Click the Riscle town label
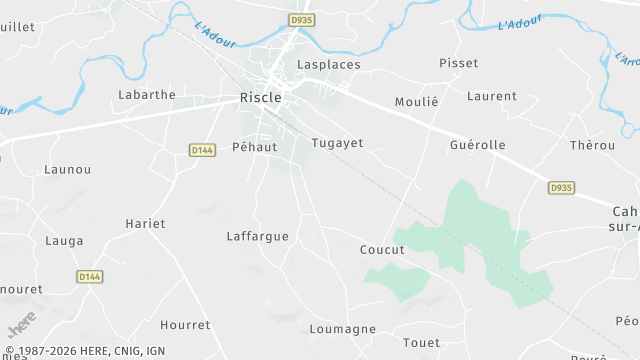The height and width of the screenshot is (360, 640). pos(260,98)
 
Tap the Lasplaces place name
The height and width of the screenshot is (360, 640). pos(329,64)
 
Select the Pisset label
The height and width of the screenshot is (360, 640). pos(458,63)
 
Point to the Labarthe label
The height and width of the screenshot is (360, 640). pos(146,95)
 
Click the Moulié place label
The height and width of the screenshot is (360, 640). pos(416,103)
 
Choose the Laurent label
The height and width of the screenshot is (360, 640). pos(492,97)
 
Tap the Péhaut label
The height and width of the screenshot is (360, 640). pos(253,146)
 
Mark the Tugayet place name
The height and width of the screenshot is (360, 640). pos(337,143)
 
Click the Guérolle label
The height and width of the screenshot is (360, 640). pos(477,145)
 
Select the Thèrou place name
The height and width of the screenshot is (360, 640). pos(592,145)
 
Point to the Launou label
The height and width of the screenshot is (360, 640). pos(68,170)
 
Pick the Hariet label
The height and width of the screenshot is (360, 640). pos(145,223)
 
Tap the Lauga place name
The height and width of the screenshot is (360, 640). pos(65,241)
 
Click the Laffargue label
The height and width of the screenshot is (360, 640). pos(257,237)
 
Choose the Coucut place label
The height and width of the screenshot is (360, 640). pos(382,250)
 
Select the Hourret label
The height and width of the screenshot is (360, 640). pos(185,325)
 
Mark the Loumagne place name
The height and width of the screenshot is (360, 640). pos(343,329)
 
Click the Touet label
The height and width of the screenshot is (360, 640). pos(421,343)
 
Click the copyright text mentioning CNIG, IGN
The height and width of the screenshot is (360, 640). pos(84,352)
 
